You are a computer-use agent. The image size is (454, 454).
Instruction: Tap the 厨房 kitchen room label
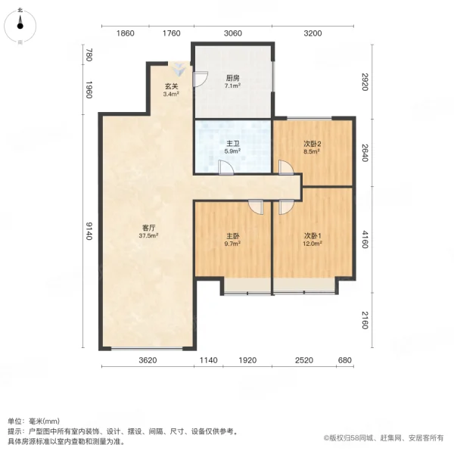pos(232,77)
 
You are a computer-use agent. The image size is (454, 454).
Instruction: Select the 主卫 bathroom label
pos(232,143)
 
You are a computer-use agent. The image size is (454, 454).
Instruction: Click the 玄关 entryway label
pos(172,86)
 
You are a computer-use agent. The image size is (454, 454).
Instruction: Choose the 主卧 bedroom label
pos(232,236)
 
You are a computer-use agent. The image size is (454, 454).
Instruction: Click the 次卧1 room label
pos(313,236)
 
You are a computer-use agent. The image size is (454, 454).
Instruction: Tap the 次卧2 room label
pos(313,143)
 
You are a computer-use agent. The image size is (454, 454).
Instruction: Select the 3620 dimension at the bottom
pos(148,360)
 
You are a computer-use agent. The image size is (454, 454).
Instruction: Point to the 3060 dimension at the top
pos(232,33)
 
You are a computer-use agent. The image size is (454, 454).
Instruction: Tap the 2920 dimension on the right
pos(364,80)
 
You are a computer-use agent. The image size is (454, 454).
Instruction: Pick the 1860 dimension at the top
pos(126,33)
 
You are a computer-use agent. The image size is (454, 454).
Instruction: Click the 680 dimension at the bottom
pos(345,360)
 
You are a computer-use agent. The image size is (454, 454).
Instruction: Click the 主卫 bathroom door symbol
pos(225,167)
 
